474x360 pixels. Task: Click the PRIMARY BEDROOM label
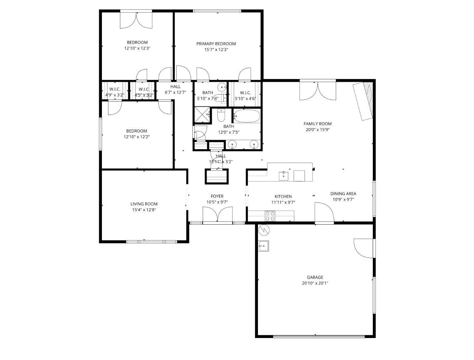[x=216, y=44]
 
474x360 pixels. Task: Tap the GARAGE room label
[x=315, y=277]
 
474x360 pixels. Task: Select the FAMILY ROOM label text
[x=317, y=124]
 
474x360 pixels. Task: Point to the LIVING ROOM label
[x=144, y=204]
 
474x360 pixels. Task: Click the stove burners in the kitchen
[x=270, y=216]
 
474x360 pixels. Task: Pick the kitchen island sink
[x=284, y=176]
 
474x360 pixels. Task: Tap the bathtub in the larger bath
[x=246, y=117]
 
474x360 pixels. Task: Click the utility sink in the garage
[x=263, y=246]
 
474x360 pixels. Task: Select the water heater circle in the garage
[x=264, y=229]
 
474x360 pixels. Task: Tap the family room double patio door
[x=318, y=91]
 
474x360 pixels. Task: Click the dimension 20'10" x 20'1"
[x=315, y=283]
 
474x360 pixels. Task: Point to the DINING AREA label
[x=343, y=194]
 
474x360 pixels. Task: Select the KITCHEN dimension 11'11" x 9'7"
[x=283, y=203]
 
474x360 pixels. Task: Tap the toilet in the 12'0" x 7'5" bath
[x=221, y=116]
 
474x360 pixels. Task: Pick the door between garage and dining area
[x=324, y=213]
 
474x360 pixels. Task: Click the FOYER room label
[x=217, y=196]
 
